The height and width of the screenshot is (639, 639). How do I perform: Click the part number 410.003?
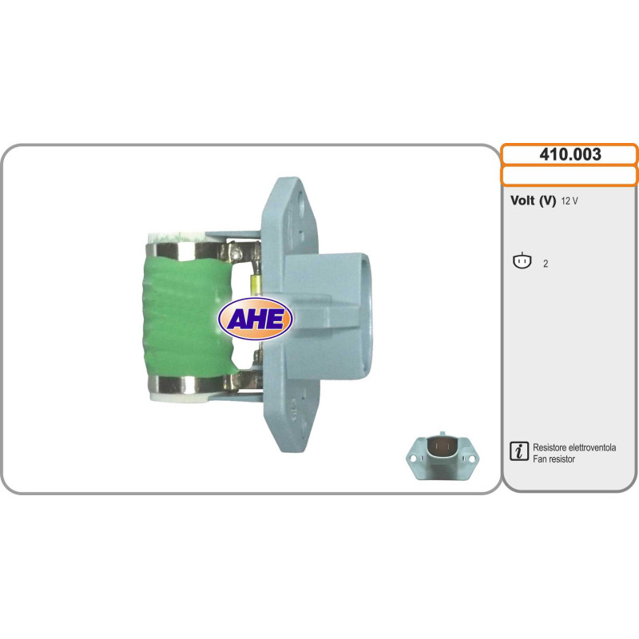(x=570, y=154)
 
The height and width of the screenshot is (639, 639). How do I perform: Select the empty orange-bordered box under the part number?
(x=570, y=176)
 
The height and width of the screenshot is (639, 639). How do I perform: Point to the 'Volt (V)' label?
(x=533, y=200)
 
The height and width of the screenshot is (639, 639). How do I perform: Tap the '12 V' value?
(x=570, y=201)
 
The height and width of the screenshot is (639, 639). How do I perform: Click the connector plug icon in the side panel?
(x=522, y=261)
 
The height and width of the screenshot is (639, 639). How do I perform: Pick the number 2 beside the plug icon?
(x=546, y=264)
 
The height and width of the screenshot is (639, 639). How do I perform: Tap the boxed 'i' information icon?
(x=518, y=451)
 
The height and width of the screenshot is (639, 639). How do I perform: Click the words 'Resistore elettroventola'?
(x=574, y=447)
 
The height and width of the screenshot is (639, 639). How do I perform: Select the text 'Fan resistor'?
(x=554, y=458)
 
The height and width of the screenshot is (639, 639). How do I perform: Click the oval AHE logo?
(x=256, y=319)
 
